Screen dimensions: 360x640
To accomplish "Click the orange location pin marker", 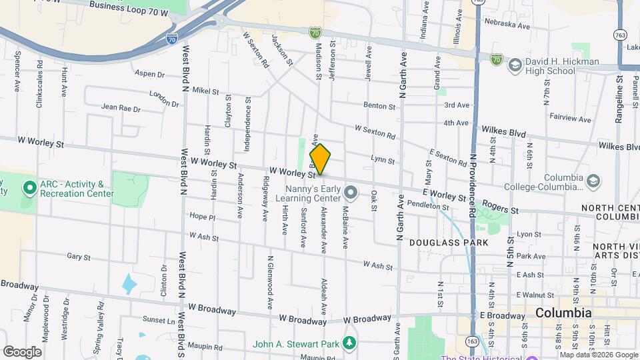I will [320, 159].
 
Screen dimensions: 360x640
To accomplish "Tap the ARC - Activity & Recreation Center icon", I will [29, 189].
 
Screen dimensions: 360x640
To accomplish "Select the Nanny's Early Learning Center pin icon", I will [352, 193].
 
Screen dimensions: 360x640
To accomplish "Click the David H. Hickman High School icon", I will [515, 65].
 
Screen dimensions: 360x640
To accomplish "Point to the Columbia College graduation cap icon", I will [591, 181].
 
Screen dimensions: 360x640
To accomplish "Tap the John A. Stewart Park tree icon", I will [349, 344].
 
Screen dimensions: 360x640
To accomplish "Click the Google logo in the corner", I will [22, 351].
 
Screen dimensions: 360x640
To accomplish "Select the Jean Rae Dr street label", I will [121, 107].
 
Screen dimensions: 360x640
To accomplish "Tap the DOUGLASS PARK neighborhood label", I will [443, 243].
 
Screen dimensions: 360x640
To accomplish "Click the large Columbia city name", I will [563, 313].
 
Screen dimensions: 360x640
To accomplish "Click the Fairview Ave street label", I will [570, 119].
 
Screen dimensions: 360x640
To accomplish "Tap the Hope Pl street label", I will [203, 217].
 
